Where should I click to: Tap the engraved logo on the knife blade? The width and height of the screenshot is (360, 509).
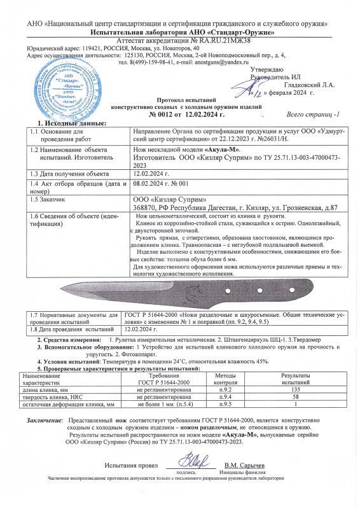(x=190, y=293)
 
